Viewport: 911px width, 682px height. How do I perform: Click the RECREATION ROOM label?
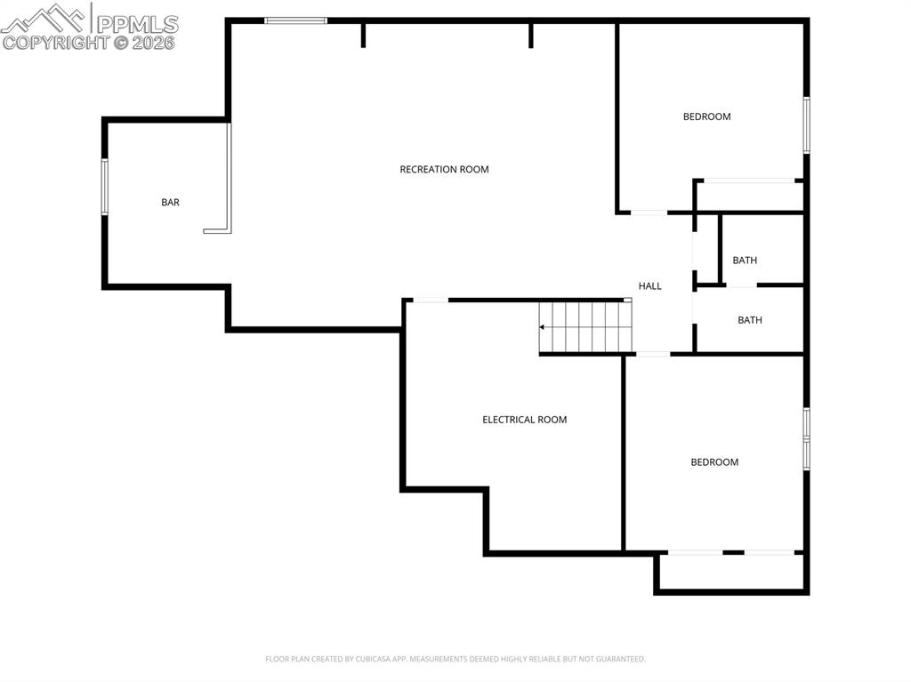(x=444, y=170)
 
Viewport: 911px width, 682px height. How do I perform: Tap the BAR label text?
(x=170, y=203)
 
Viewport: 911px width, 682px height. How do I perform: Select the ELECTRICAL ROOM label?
(x=524, y=420)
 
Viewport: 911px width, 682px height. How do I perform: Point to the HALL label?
(x=650, y=286)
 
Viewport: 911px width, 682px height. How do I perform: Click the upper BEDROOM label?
(x=706, y=116)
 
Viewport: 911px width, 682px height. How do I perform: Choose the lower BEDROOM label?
(x=714, y=462)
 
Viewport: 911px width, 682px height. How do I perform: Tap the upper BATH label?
(x=745, y=261)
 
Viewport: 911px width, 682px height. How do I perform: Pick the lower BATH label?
(x=750, y=320)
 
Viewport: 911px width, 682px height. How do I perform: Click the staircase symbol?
(x=584, y=327)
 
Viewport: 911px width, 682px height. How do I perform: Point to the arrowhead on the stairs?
(x=542, y=327)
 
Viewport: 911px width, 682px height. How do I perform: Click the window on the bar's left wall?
(x=104, y=187)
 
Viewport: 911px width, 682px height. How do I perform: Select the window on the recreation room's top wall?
(x=296, y=20)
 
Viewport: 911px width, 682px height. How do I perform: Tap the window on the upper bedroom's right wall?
(x=807, y=124)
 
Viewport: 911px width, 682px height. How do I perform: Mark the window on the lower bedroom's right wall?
(x=807, y=438)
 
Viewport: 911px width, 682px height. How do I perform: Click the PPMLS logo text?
(x=137, y=24)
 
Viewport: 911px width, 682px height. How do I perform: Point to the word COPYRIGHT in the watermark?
(x=56, y=42)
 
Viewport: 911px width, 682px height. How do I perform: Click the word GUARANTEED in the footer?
(x=620, y=659)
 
